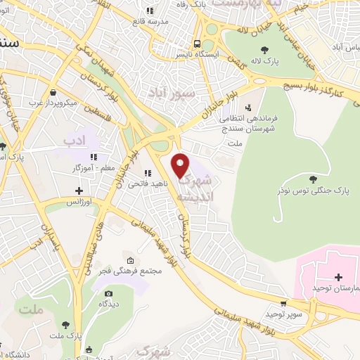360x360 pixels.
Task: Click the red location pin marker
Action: (181, 164)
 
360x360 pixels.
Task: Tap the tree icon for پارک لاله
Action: (264, 49)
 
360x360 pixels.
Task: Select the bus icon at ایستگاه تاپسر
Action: (198, 41)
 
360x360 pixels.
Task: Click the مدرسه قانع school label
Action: (150, 21)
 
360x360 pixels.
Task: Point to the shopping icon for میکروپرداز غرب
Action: (53, 91)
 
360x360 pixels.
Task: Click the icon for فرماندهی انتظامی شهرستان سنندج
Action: (247, 108)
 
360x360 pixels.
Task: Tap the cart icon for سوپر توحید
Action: (283, 304)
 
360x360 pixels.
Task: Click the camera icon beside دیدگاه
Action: (108, 293)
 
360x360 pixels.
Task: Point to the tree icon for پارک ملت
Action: (65, 324)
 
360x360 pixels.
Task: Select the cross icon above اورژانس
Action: (79, 191)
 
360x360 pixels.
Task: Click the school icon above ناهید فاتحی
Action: (147, 172)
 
